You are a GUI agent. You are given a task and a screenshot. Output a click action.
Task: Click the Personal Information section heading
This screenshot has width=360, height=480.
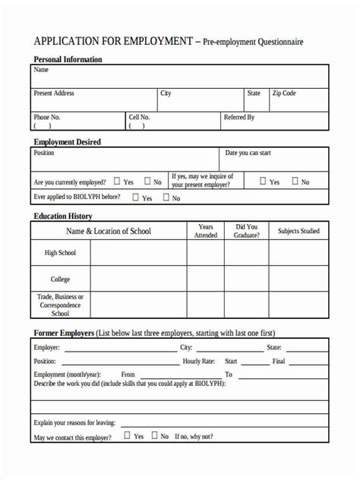[x=68, y=59]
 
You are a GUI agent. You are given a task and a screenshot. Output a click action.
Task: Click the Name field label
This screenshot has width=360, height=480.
[x=41, y=70]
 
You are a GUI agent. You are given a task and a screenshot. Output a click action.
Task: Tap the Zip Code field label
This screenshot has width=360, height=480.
[x=283, y=93]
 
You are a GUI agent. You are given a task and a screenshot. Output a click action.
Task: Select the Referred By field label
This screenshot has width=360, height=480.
[x=239, y=118]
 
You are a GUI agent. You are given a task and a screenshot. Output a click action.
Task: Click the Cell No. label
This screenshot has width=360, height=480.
[x=139, y=118]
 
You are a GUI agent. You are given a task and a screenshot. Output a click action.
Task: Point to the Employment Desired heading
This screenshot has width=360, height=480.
[x=67, y=142]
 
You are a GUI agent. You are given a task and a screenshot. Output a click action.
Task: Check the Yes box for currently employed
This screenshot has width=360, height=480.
[x=117, y=182]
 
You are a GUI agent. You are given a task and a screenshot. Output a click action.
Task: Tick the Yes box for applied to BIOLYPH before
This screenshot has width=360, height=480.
[x=136, y=197]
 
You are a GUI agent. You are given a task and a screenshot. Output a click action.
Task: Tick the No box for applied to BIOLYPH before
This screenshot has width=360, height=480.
[x=166, y=197]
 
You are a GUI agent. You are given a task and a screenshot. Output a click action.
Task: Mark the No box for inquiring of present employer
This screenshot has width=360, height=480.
[x=294, y=182]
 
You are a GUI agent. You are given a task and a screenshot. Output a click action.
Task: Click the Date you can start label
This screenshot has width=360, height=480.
[x=248, y=153]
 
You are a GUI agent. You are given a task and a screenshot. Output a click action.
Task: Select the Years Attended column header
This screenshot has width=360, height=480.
[x=206, y=231]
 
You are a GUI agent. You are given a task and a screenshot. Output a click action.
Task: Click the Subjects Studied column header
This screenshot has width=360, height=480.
[x=298, y=231]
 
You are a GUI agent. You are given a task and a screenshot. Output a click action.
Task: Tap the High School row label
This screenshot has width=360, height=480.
[x=60, y=253]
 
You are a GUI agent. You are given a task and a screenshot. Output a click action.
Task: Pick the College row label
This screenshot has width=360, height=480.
[x=60, y=279]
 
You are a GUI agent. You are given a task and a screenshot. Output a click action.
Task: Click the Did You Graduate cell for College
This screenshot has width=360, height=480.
[x=246, y=279]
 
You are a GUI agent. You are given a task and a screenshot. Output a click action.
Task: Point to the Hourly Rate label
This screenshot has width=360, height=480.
[x=199, y=362]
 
